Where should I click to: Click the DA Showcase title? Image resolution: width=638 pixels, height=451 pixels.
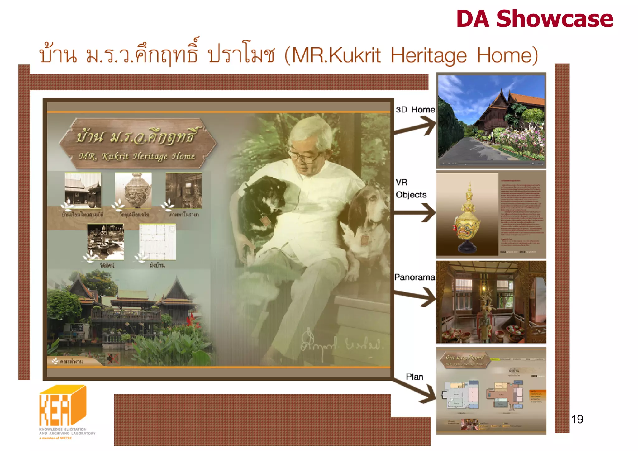[x=534, y=19]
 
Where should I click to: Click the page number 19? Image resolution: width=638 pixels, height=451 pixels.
[x=577, y=419]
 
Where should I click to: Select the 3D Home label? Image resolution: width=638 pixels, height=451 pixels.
[x=415, y=110]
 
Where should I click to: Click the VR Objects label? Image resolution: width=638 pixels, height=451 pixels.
[x=411, y=188]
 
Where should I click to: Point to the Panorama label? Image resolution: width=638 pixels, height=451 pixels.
[x=414, y=277]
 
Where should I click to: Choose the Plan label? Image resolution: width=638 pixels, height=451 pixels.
[x=414, y=377]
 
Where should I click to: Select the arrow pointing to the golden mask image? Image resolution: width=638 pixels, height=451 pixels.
[x=416, y=213]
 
